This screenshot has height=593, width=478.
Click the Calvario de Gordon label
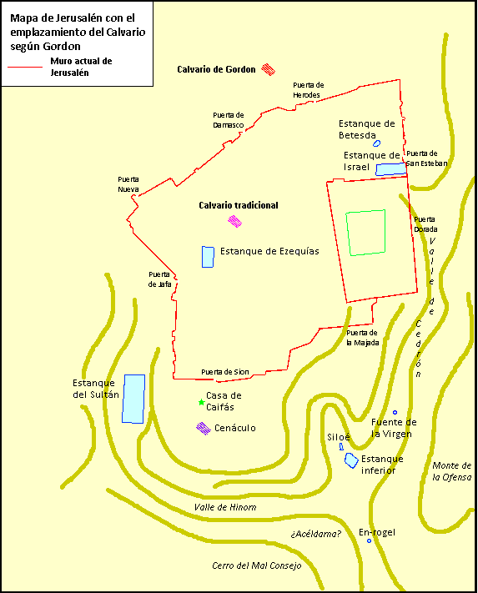(216, 69)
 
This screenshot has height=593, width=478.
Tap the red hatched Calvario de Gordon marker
(268, 70)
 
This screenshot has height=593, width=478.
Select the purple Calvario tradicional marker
(235, 221)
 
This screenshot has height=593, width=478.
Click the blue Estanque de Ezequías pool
(208, 257)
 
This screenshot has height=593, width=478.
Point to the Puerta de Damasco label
(228, 119)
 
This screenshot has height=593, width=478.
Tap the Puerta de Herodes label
(308, 89)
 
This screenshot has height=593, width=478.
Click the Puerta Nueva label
(128, 184)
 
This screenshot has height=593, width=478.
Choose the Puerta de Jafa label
(159, 279)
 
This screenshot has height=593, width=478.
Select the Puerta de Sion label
(224, 372)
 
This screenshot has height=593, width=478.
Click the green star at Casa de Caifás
(201, 403)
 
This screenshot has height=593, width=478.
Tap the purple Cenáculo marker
(203, 428)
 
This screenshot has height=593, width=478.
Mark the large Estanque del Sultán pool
(133, 399)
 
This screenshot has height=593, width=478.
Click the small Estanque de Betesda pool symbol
(376, 143)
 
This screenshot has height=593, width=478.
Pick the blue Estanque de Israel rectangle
(390, 169)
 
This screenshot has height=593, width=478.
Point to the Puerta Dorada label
(425, 224)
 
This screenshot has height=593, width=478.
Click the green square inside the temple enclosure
(366, 232)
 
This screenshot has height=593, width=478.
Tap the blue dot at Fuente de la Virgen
(395, 413)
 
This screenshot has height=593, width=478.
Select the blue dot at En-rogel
(370, 540)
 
